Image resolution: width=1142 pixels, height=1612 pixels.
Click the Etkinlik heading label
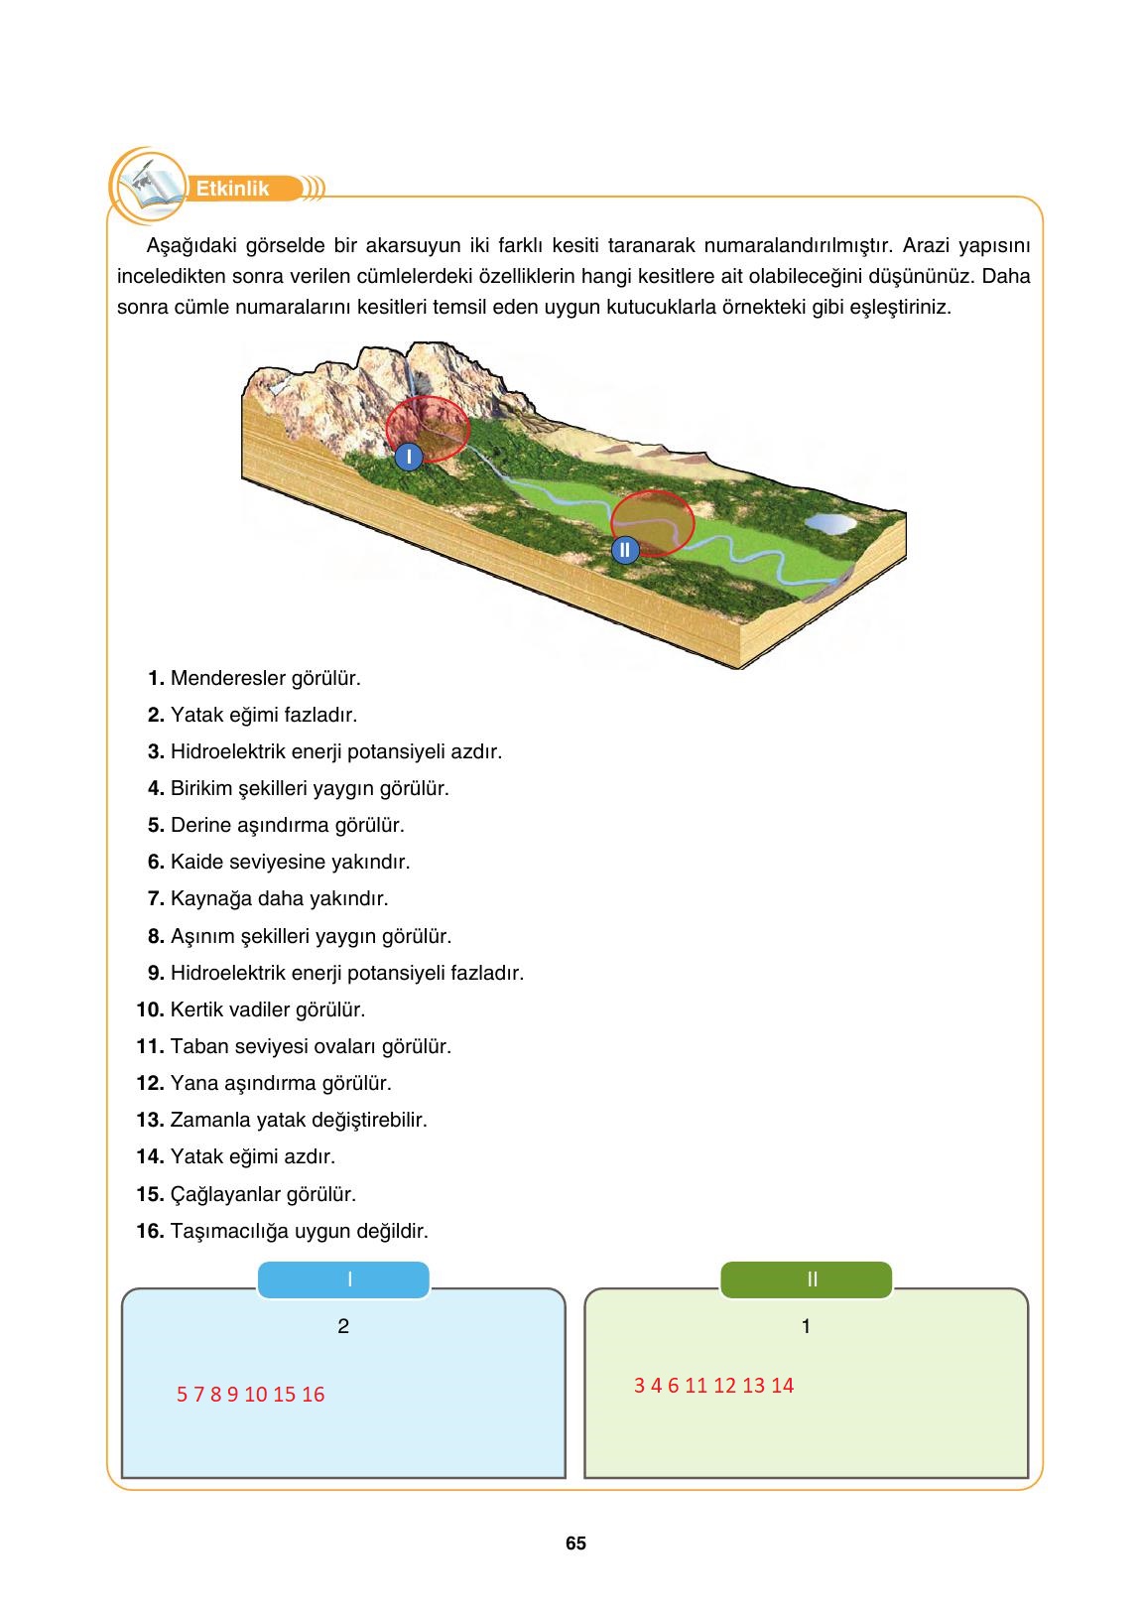pyautogui.click(x=233, y=189)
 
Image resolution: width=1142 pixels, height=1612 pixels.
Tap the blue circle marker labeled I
pyautogui.click(x=408, y=456)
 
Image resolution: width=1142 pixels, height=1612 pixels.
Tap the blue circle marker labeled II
pyautogui.click(x=624, y=549)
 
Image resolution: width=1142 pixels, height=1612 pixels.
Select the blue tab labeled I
pyautogui.click(x=343, y=1279)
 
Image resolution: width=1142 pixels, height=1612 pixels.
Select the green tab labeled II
pyautogui.click(x=806, y=1279)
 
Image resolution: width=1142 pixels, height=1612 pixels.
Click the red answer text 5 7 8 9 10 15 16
pyautogui.click(x=251, y=1395)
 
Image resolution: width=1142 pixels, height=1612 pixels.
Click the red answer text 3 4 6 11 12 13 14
pyautogui.click(x=714, y=1386)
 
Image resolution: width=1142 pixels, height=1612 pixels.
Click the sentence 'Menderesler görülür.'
pyautogui.click(x=266, y=679)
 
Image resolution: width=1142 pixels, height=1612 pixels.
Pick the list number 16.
pyautogui.click(x=150, y=1231)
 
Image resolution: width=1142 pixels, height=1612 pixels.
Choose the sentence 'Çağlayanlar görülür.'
pyautogui.click(x=263, y=1194)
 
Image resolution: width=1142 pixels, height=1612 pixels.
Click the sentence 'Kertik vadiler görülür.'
pyautogui.click(x=268, y=1009)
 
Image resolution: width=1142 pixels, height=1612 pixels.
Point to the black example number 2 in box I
pyautogui.click(x=343, y=1326)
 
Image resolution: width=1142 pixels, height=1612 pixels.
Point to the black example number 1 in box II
pyautogui.click(x=806, y=1326)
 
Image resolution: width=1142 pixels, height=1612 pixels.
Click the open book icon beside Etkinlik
pyautogui.click(x=149, y=186)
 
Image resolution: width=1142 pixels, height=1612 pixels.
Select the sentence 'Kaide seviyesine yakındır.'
pyautogui.click(x=290, y=862)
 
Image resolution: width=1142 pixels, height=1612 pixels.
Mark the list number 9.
pyautogui.click(x=156, y=973)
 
